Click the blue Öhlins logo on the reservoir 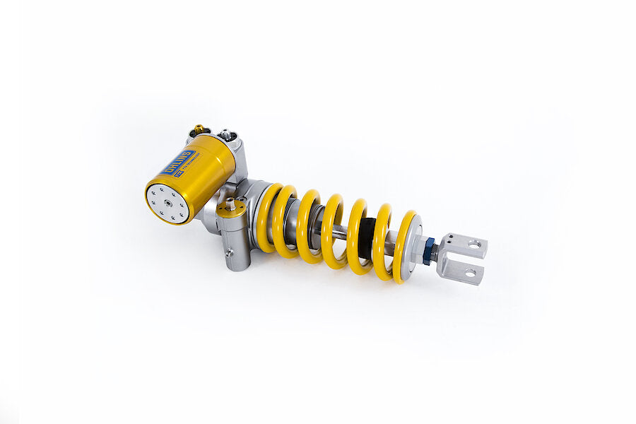point(177,162)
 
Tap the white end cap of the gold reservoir point(167,204)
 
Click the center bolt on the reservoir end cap point(168,204)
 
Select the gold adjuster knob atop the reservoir point(199,130)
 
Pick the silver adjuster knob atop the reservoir point(226,134)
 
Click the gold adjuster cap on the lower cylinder point(231,206)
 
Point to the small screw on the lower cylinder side point(228,253)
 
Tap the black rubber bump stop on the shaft point(367,237)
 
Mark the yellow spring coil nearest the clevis point(404,247)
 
